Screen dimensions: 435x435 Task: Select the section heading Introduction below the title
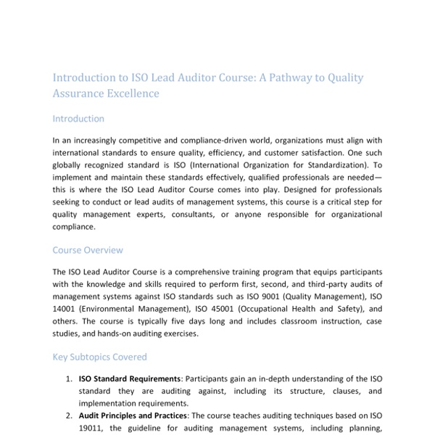(78, 118)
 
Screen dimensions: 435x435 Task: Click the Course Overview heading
(88, 250)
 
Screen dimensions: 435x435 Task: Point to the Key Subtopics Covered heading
(99, 357)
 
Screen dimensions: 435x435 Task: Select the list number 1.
(68, 378)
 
